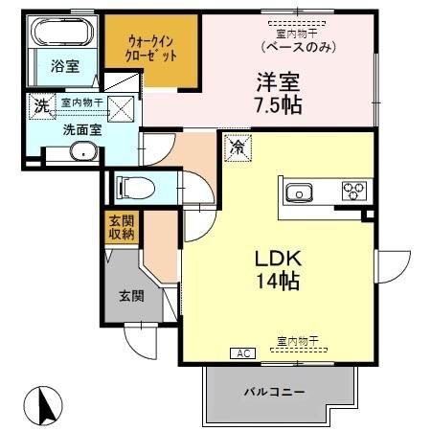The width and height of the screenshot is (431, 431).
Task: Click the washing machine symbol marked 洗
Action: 41,106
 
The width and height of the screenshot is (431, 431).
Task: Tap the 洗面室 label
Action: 57,129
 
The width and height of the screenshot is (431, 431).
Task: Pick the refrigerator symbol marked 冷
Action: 235,148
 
